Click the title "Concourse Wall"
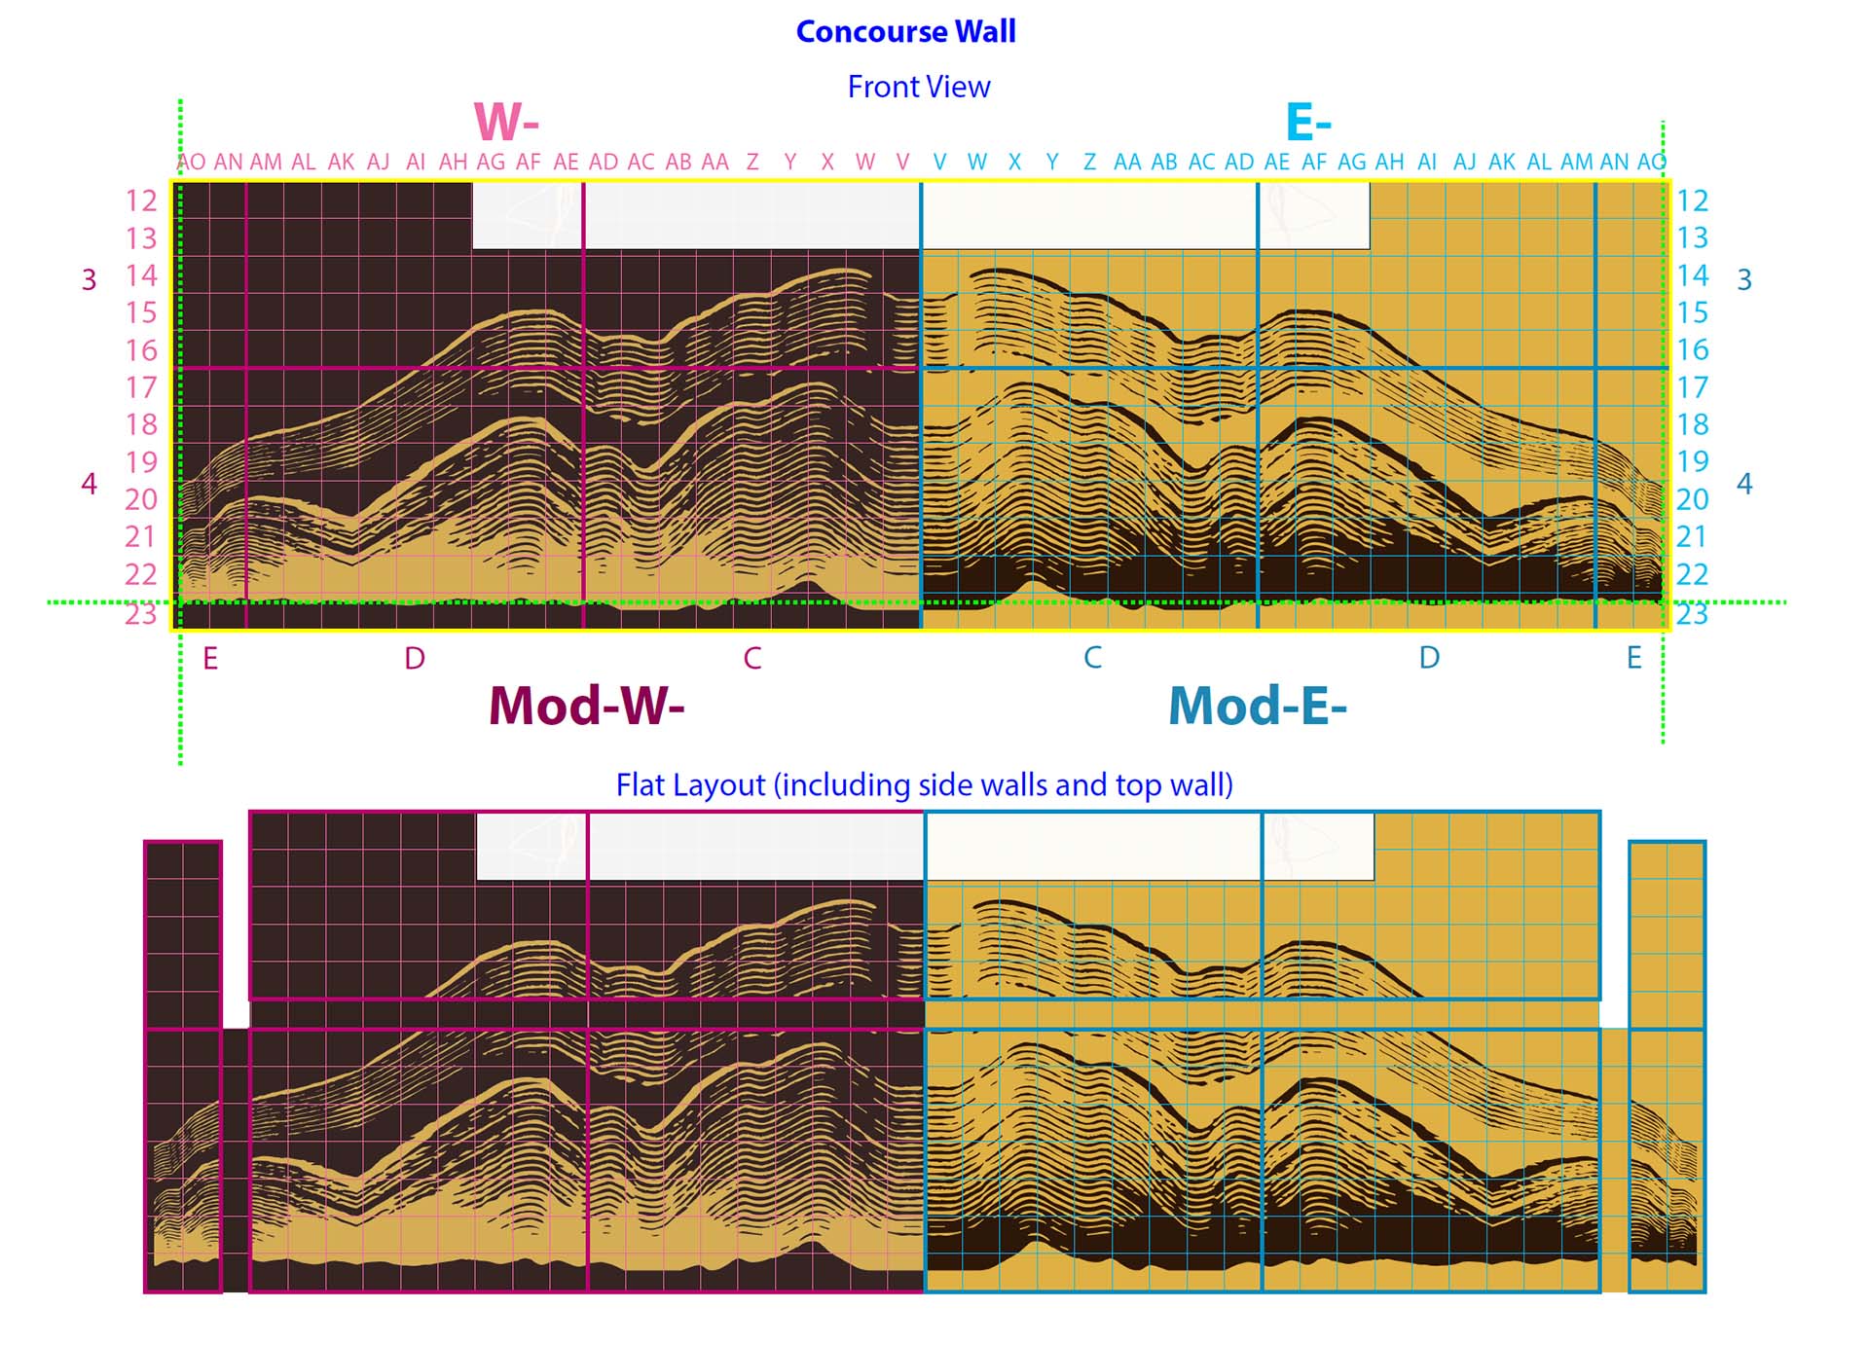pyautogui.click(x=905, y=31)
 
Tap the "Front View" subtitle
pyautogui.click(x=919, y=87)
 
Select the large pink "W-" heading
pyautogui.click(x=506, y=123)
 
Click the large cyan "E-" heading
pyautogui.click(x=1308, y=123)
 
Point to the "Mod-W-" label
pyautogui.click(x=586, y=705)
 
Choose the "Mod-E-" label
pyautogui.click(x=1258, y=705)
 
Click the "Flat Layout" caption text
pyautogui.click(x=925, y=784)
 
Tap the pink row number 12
pyautogui.click(x=141, y=200)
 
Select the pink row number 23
pyautogui.click(x=141, y=613)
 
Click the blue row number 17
pyautogui.click(x=1692, y=387)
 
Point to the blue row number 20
pyautogui.click(x=1692, y=499)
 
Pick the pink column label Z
pyautogui.click(x=752, y=163)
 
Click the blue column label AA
pyautogui.click(x=1127, y=162)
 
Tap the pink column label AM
pyautogui.click(x=266, y=163)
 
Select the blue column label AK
pyautogui.click(x=1502, y=162)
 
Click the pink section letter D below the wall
pyautogui.click(x=415, y=659)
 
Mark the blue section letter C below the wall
pyautogui.click(x=1092, y=658)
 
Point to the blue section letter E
pyautogui.click(x=1634, y=658)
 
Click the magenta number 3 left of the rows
pyautogui.click(x=89, y=280)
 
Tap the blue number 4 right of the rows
pyautogui.click(x=1744, y=484)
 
